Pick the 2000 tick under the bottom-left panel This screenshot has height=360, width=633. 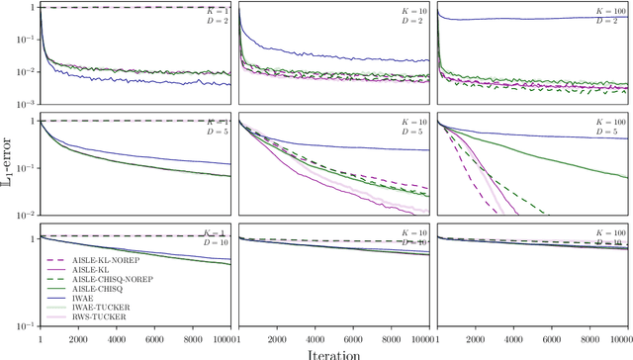78,337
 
